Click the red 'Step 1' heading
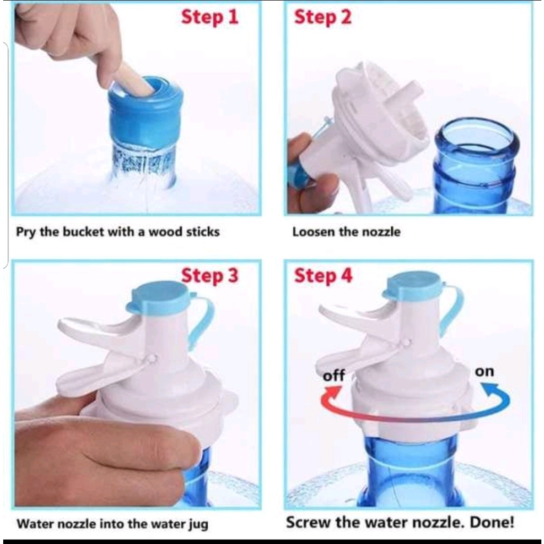[210, 18]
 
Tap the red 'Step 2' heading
[322, 18]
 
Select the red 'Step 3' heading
[210, 276]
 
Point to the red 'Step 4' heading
[324, 276]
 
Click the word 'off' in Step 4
[334, 375]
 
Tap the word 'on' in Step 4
[484, 371]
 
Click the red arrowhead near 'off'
[332, 393]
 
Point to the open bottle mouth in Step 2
[477, 135]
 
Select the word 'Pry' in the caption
[25, 232]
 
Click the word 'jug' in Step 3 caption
[199, 524]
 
